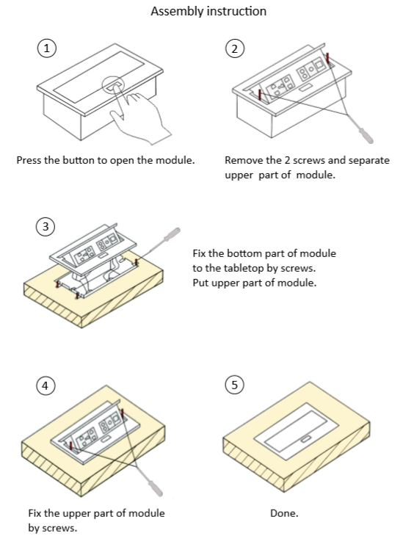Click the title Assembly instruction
click(208, 11)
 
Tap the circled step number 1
click(46, 48)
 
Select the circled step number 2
click(234, 48)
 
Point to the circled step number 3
click(46, 226)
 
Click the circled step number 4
click(46, 385)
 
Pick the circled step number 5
click(234, 385)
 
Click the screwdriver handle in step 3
click(171, 234)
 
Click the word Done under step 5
click(284, 513)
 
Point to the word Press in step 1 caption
click(29, 160)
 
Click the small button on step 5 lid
click(305, 438)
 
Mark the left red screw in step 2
click(259, 94)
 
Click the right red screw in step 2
click(327, 58)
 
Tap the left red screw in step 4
click(70, 446)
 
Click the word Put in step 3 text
click(200, 283)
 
